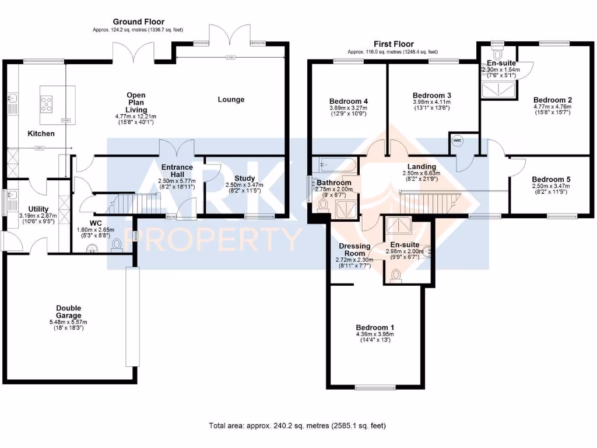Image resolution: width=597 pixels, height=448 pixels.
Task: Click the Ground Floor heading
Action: pyautogui.click(x=139, y=22)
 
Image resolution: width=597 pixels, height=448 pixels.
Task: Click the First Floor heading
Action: pyautogui.click(x=394, y=44)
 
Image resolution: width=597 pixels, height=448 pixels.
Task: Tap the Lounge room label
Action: pyautogui.click(x=231, y=99)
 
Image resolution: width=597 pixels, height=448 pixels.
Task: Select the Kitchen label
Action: pyautogui.click(x=41, y=134)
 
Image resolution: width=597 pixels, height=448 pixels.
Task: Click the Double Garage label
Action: pyautogui.click(x=69, y=311)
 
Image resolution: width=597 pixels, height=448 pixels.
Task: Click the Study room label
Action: pyautogui.click(x=244, y=178)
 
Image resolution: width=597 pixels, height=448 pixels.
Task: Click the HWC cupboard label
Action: pyautogui.click(x=456, y=141)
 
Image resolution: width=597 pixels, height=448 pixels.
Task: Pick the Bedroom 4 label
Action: pyautogui.click(x=348, y=101)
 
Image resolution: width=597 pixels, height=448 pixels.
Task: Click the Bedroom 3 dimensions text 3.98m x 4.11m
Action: pyautogui.click(x=432, y=102)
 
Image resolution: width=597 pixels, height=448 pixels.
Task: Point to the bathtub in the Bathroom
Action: pyautogui.click(x=333, y=166)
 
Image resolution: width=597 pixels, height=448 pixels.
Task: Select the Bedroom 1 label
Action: pyautogui.click(x=375, y=328)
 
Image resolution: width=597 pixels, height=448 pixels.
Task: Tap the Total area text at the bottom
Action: pyautogui.click(x=297, y=426)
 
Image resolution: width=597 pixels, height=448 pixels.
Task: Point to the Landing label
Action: pyautogui.click(x=422, y=167)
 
